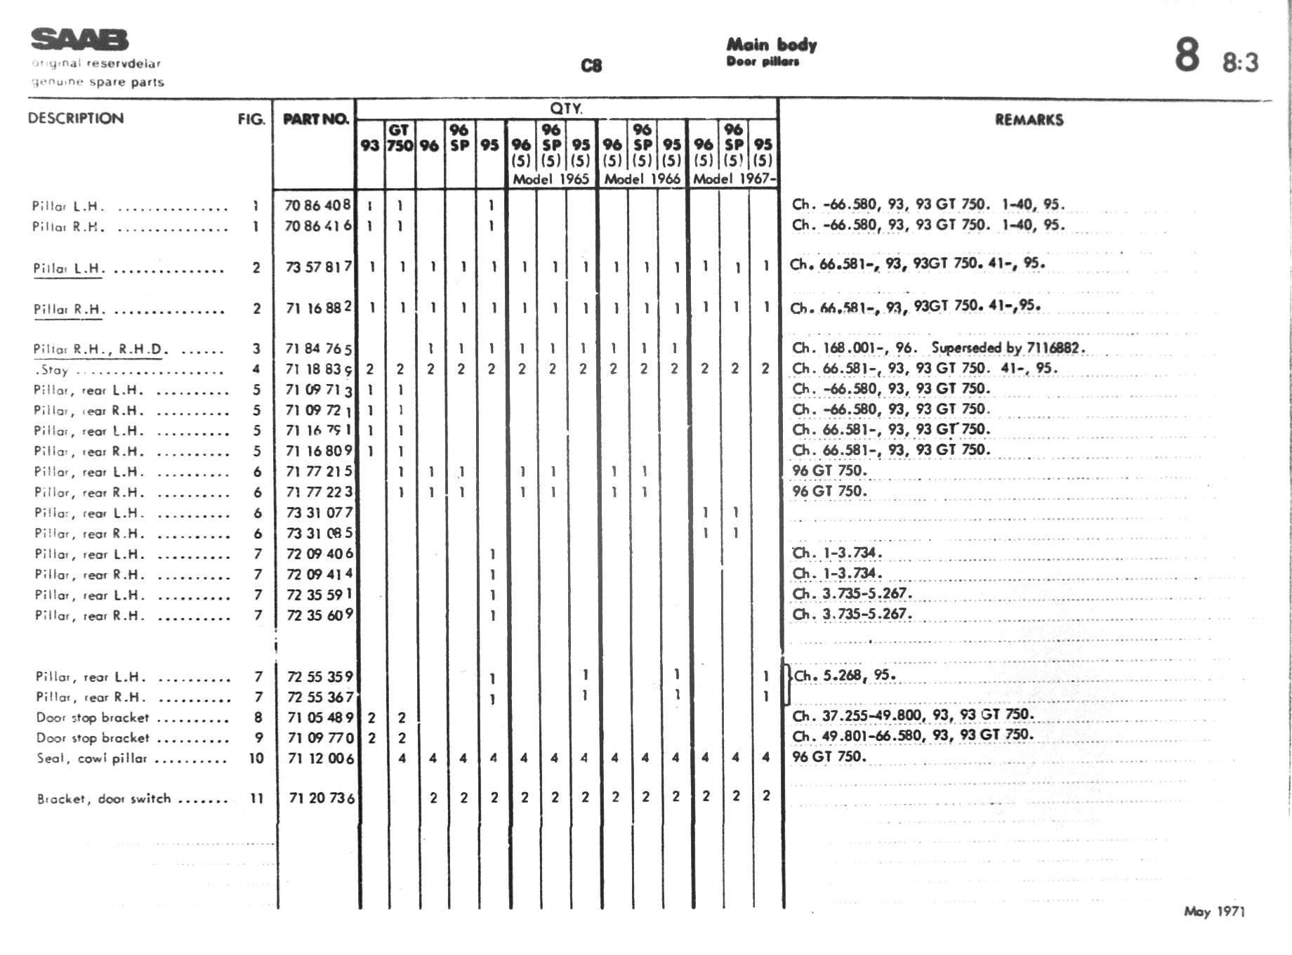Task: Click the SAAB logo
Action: [79, 39]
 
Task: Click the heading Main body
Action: [771, 45]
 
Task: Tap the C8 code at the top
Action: [591, 66]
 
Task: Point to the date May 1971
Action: [1214, 911]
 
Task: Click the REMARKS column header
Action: [1029, 120]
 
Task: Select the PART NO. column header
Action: [315, 119]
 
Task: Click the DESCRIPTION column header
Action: [76, 119]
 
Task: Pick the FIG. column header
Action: [251, 119]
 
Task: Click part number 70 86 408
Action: [317, 205]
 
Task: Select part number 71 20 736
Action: [322, 798]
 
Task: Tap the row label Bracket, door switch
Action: [104, 798]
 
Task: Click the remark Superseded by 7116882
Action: [1008, 348]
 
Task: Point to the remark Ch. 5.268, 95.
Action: [844, 676]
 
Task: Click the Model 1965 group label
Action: [551, 179]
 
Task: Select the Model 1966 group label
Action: [642, 179]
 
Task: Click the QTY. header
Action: [566, 109]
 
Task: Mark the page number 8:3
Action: [1240, 63]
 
